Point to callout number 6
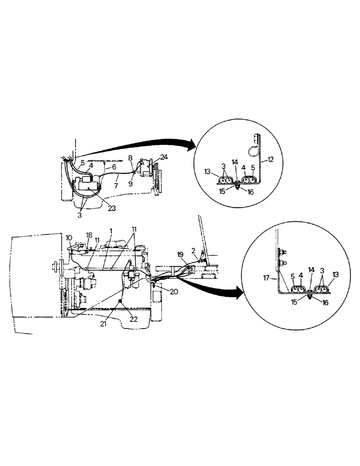(x=114, y=167)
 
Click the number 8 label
(x=131, y=158)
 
